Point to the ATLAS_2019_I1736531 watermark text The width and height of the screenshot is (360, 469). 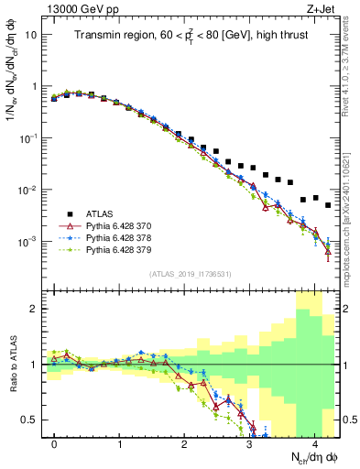[191, 274]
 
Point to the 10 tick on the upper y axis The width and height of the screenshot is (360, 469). [30, 34]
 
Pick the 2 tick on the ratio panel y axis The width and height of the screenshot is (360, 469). [33, 309]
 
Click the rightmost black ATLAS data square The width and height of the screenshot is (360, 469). [328, 204]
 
